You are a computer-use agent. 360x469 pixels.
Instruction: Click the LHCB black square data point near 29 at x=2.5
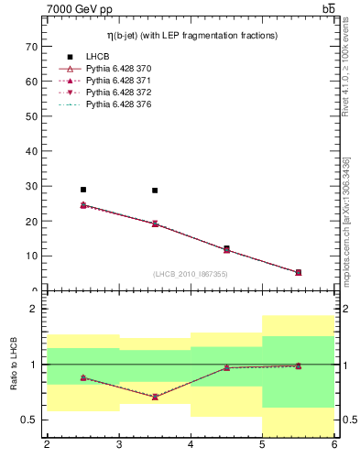click(83, 190)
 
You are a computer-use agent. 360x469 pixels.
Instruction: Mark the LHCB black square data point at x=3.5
click(155, 191)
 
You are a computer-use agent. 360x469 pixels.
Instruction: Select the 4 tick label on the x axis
click(191, 445)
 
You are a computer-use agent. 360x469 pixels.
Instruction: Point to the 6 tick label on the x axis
click(334, 445)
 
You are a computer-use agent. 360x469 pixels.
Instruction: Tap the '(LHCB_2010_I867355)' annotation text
click(191, 274)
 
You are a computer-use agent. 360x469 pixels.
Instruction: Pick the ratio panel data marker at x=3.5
click(155, 397)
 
